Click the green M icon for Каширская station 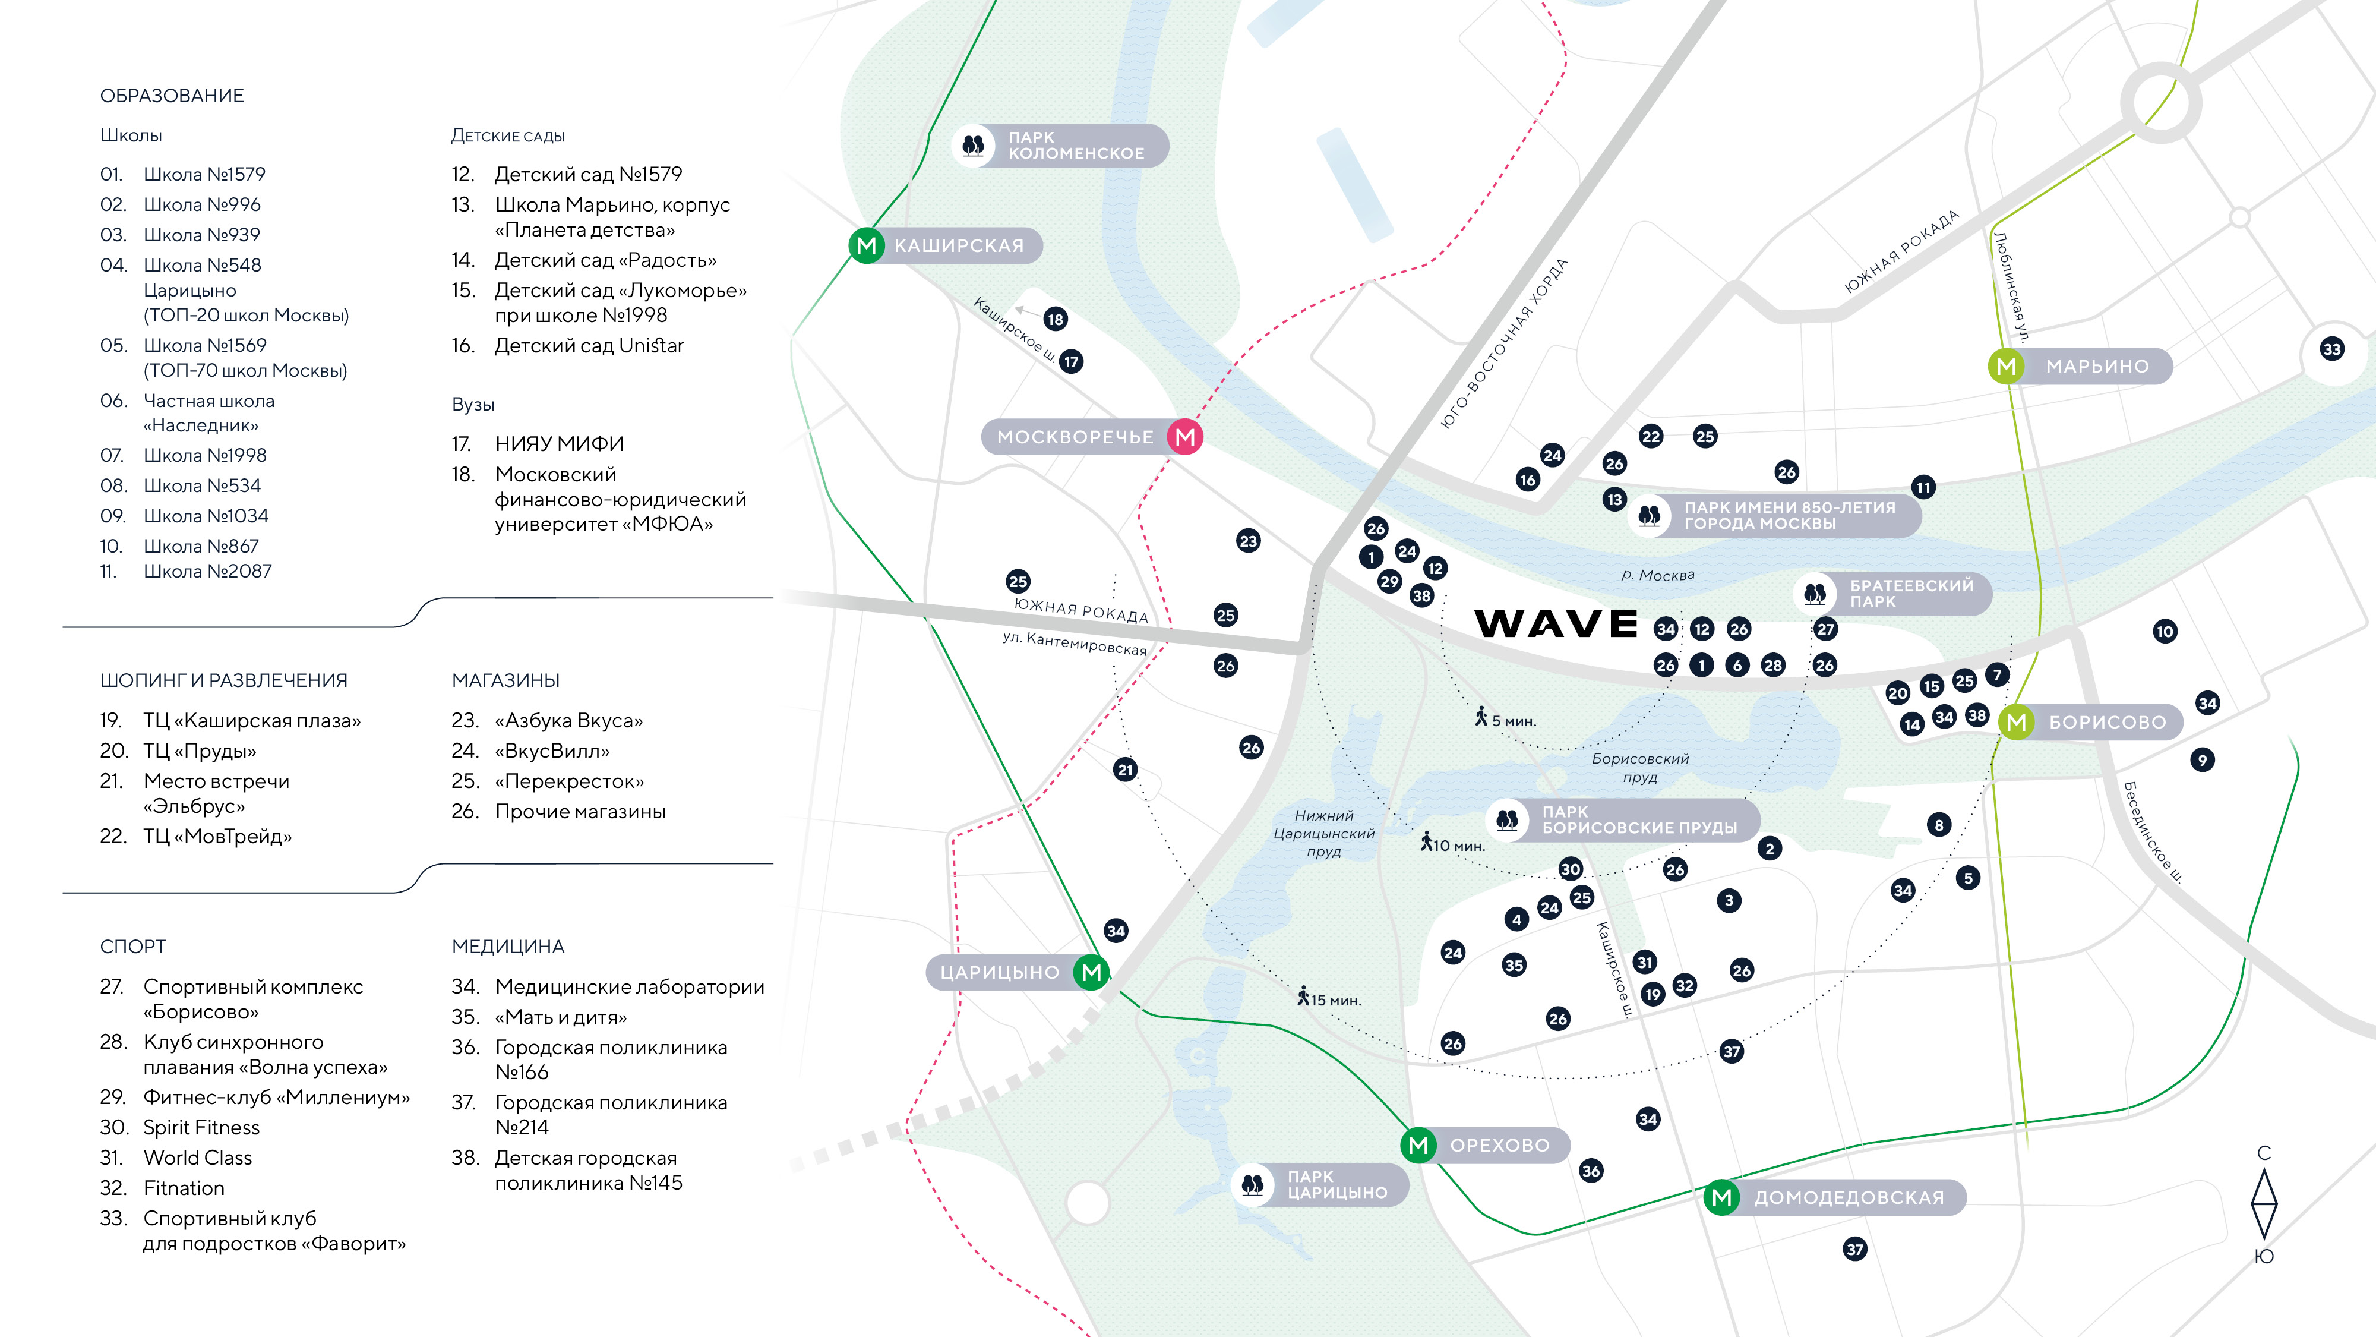pyautogui.click(x=866, y=245)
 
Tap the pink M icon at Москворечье pyautogui.click(x=1185, y=436)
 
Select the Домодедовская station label pyautogui.click(x=1849, y=1198)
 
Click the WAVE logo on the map pyautogui.click(x=1556, y=624)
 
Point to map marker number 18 pyautogui.click(x=1055, y=319)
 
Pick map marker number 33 pyautogui.click(x=2331, y=349)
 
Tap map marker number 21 pyautogui.click(x=1124, y=770)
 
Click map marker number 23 pyautogui.click(x=1248, y=541)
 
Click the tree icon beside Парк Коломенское pyautogui.click(x=973, y=146)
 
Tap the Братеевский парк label pyautogui.click(x=1911, y=593)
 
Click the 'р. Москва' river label pyautogui.click(x=1657, y=575)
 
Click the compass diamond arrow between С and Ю pyautogui.click(x=2264, y=1204)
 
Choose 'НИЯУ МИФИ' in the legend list pyautogui.click(x=559, y=444)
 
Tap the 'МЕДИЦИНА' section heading pyautogui.click(x=508, y=947)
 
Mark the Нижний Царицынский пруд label pyautogui.click(x=1323, y=833)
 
